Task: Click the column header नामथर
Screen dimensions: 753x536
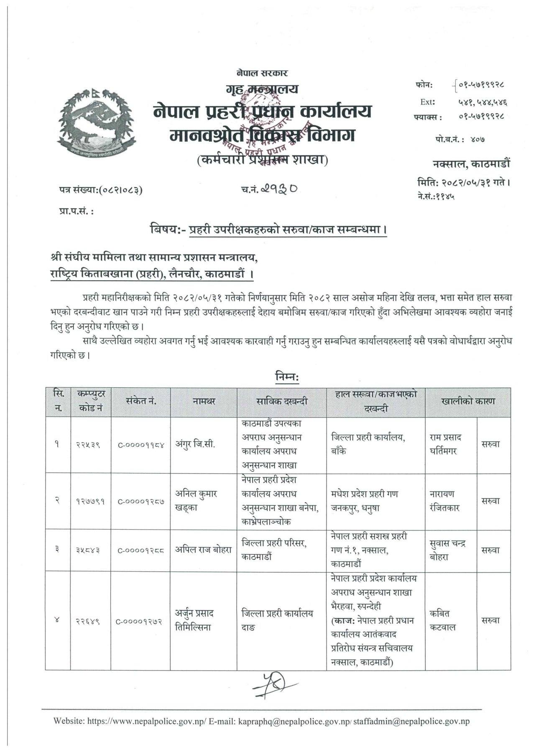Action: [204, 401]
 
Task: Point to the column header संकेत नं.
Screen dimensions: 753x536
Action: [141, 401]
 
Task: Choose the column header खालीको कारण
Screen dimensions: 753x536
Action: [468, 401]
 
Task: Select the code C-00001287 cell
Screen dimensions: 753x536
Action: [141, 501]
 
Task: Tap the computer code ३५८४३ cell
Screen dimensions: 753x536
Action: [91, 551]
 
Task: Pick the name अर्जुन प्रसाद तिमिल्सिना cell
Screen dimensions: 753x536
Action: [195, 620]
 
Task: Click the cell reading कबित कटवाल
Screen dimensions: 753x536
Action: [443, 620]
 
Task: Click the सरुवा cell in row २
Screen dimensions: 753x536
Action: [490, 501]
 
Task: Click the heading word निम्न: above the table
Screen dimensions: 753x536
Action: [287, 376]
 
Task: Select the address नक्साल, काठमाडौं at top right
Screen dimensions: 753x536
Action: [471, 164]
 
